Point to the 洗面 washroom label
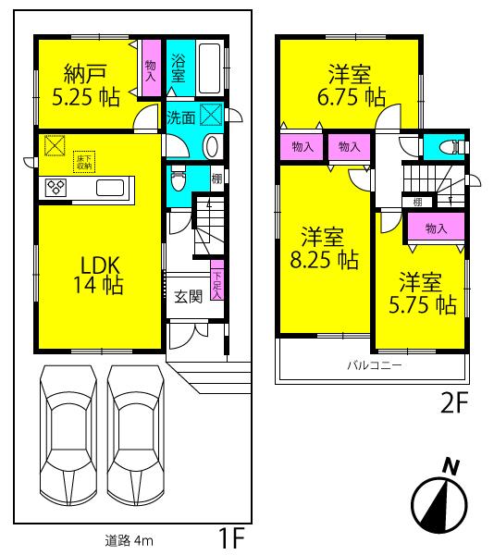click(181, 117)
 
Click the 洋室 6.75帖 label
click(353, 83)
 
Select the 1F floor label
click(230, 537)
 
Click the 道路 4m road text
click(128, 541)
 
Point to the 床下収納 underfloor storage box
click(84, 162)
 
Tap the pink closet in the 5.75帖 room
click(435, 228)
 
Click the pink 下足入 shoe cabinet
click(216, 282)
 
